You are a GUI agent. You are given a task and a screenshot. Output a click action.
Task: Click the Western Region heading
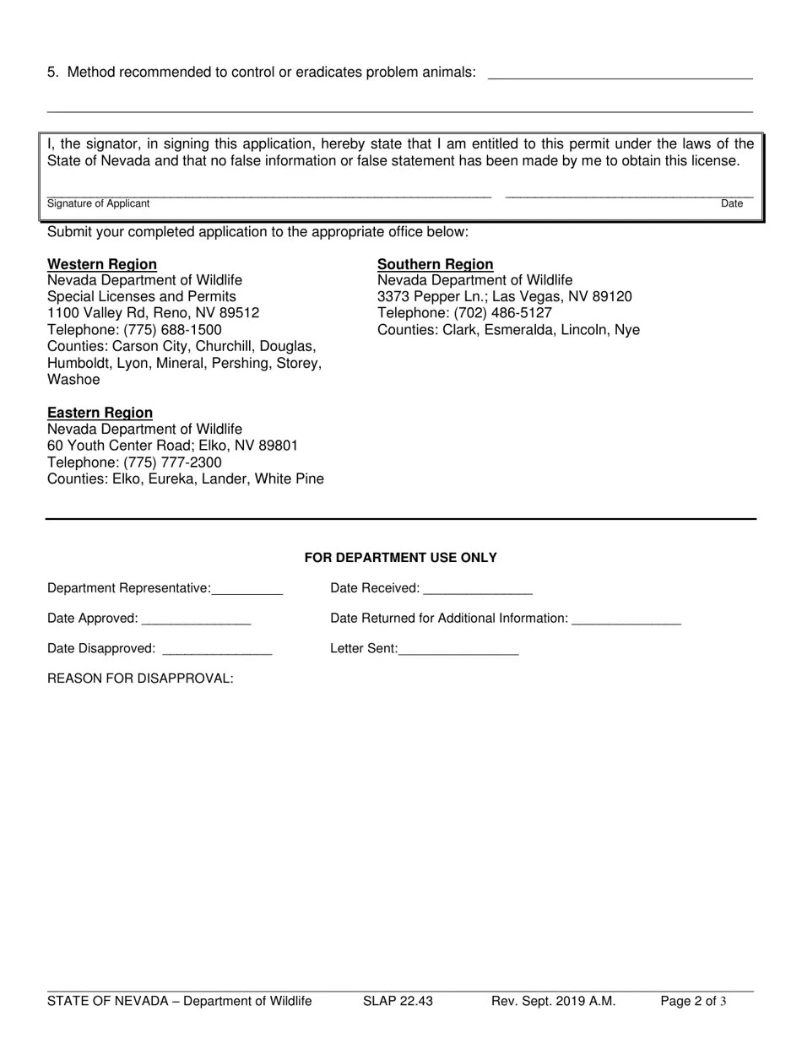pyautogui.click(x=101, y=264)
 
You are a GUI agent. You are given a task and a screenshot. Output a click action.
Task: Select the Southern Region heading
pyautogui.click(x=435, y=264)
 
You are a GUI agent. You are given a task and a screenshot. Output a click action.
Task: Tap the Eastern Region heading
pyautogui.click(x=100, y=413)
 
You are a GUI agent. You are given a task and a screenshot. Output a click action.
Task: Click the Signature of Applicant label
pyautogui.click(x=98, y=203)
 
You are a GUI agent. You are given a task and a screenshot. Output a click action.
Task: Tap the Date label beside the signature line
pyautogui.click(x=731, y=203)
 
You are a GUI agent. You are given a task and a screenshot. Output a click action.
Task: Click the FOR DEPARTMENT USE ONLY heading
pyautogui.click(x=400, y=558)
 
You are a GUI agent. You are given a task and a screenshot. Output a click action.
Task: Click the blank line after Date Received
pyautogui.click(x=478, y=590)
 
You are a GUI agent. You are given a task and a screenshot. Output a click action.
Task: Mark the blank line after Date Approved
pyautogui.click(x=196, y=620)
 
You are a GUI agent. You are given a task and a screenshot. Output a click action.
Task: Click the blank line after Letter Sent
pyautogui.click(x=458, y=651)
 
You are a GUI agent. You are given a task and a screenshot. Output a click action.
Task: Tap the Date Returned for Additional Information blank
pyautogui.click(x=626, y=620)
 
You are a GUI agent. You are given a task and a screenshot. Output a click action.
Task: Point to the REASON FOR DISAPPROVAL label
pyautogui.click(x=140, y=678)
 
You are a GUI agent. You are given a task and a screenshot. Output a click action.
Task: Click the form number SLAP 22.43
pyautogui.click(x=398, y=1002)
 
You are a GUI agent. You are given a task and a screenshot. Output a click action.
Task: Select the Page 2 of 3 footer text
pyautogui.click(x=693, y=1002)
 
